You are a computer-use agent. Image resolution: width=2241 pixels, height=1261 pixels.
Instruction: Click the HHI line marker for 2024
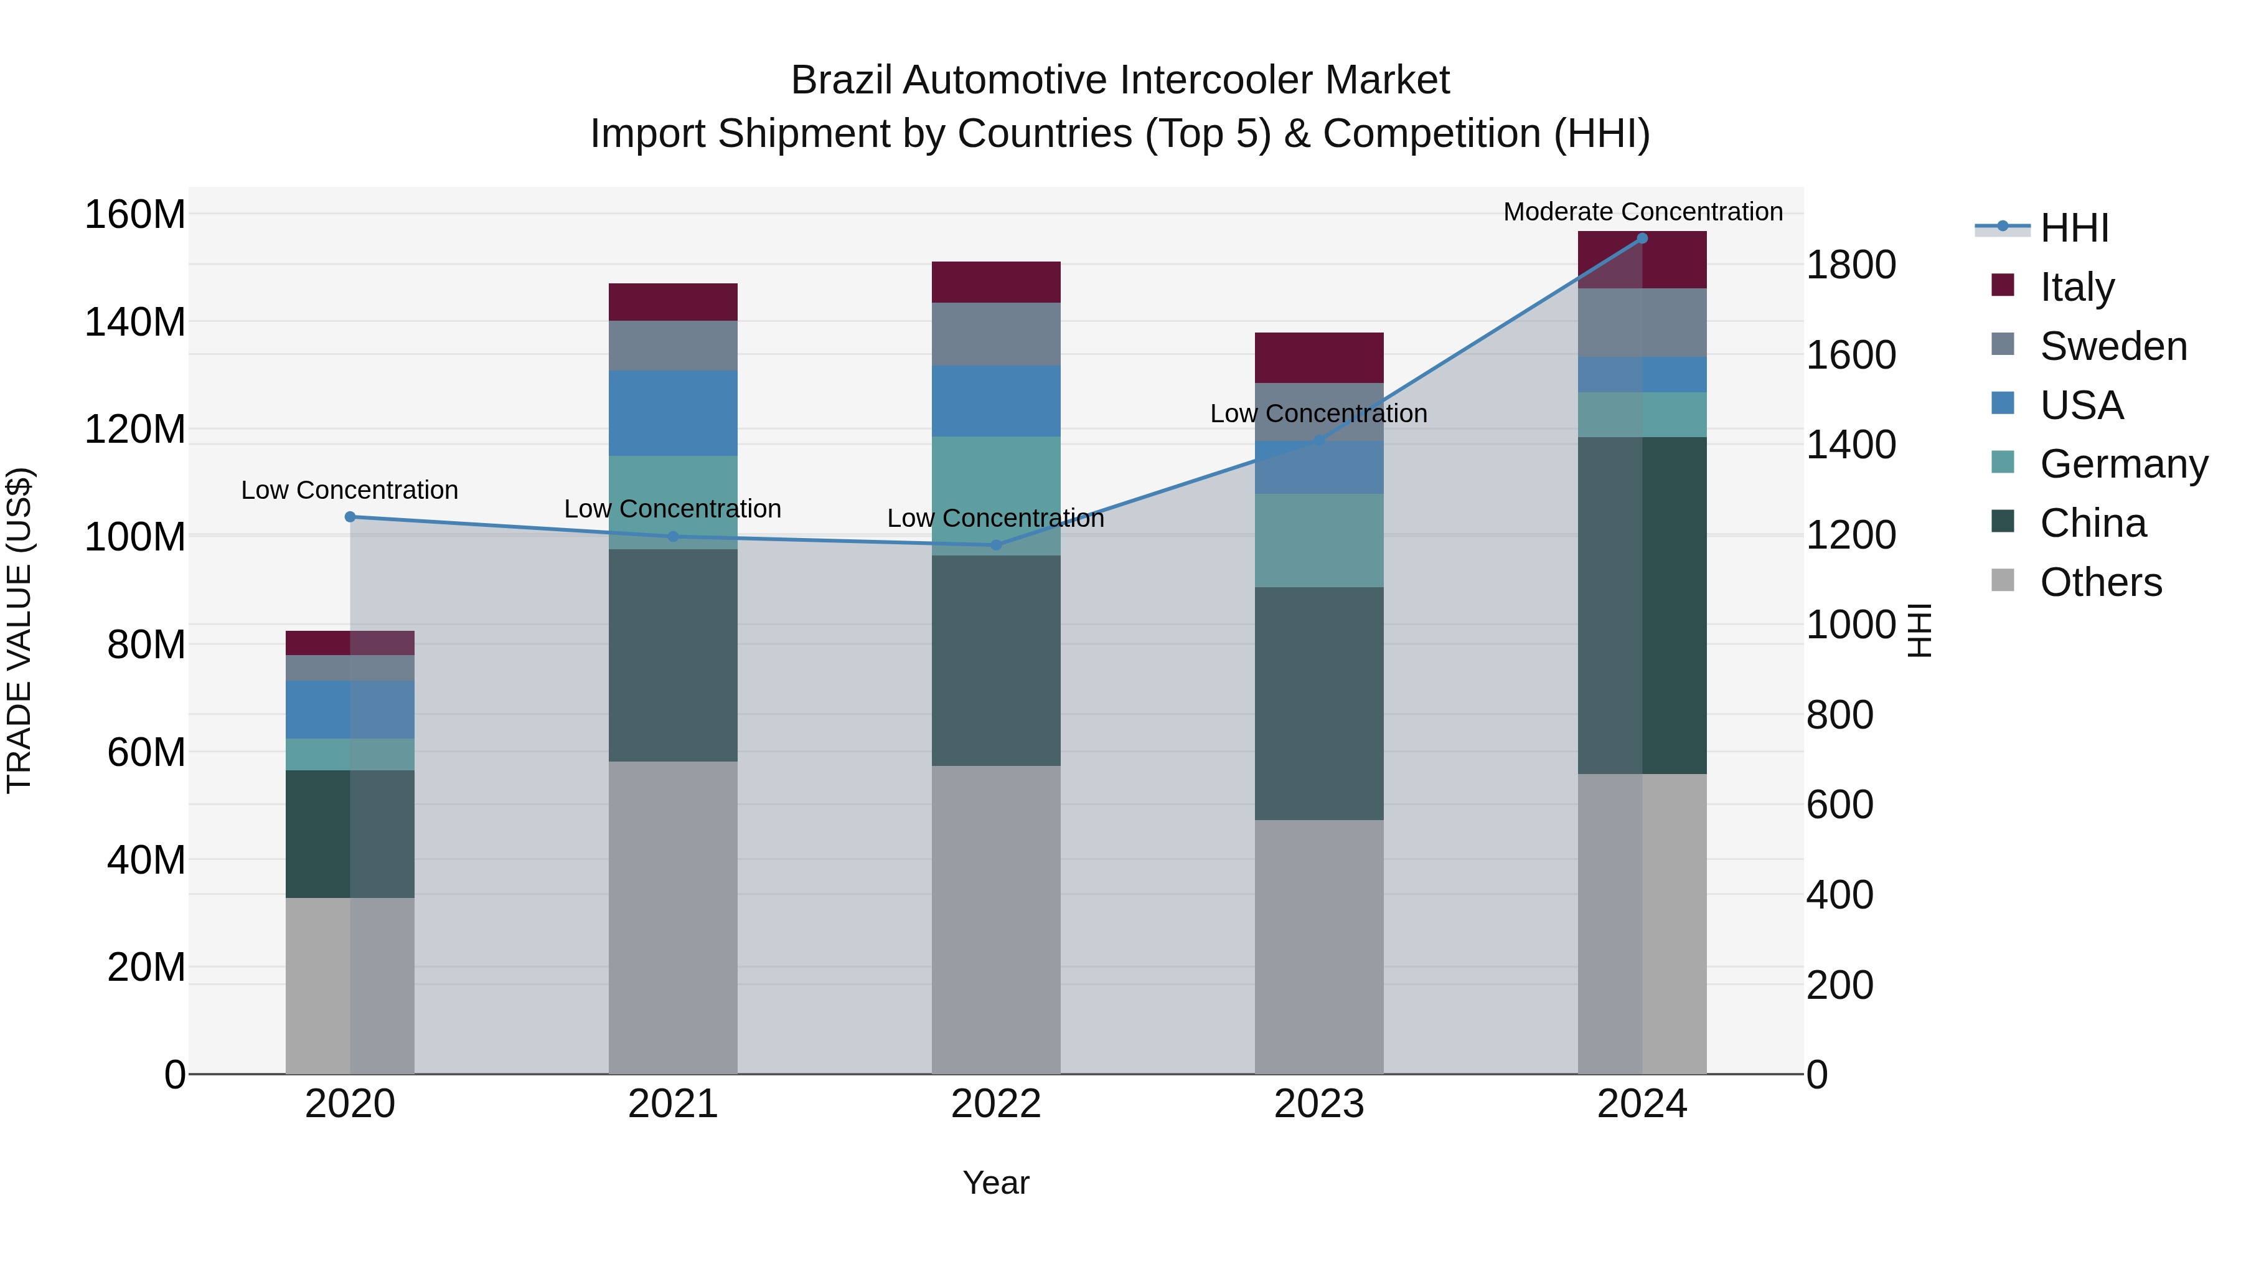1642,239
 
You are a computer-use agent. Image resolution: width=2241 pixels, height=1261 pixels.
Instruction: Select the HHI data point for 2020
350,517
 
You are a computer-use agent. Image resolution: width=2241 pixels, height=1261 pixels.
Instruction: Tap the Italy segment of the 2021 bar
672,302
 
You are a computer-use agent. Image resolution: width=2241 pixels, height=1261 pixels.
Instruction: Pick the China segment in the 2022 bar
996,661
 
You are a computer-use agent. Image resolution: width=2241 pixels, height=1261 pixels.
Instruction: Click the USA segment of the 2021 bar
672,413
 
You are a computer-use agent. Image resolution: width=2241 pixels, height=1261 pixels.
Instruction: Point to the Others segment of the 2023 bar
1319,947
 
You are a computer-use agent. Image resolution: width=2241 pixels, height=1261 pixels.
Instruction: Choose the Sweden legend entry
2112,346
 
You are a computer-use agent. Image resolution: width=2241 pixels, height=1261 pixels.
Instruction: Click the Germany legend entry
2123,464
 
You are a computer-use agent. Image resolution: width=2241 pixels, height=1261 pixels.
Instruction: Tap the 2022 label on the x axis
996,1104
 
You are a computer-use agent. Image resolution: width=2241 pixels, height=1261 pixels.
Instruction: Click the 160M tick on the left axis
135,215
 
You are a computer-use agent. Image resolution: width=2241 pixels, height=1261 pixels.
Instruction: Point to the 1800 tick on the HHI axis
1851,265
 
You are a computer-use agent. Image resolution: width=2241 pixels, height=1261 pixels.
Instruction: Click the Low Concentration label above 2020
350,491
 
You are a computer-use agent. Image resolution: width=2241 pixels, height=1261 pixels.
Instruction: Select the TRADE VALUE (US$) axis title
20,630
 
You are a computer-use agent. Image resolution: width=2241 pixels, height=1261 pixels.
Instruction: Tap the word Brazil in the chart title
841,81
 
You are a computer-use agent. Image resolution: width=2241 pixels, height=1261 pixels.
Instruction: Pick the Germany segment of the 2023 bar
1319,541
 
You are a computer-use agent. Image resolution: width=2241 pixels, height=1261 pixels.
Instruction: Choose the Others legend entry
2100,582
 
